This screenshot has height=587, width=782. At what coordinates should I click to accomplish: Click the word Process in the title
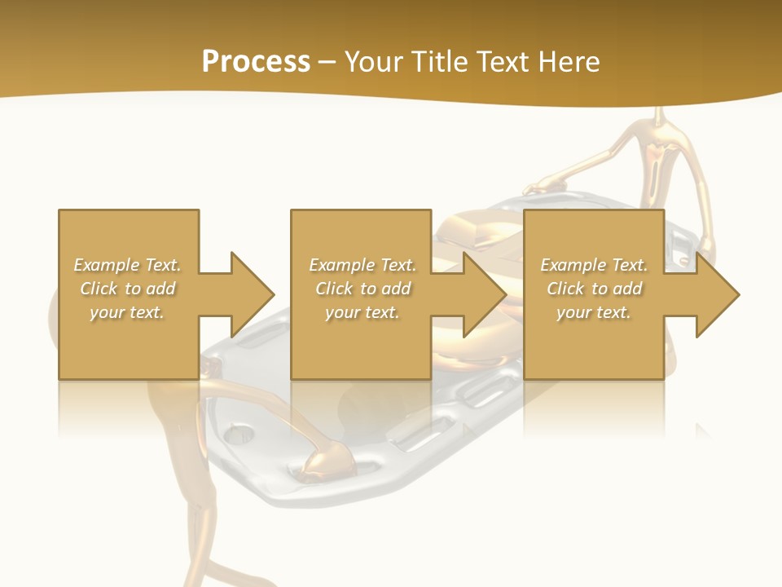(256, 62)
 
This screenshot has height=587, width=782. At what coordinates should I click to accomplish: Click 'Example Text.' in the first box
(127, 265)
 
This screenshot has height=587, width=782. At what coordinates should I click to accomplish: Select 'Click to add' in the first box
(127, 289)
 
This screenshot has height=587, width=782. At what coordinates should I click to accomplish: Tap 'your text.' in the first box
(127, 312)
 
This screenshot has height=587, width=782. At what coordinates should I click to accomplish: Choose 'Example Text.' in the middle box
(362, 265)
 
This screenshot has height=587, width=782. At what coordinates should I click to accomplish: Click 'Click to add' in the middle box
(362, 289)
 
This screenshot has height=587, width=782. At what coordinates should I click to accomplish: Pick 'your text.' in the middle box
(362, 312)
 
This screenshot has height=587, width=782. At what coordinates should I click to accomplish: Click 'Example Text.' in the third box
(594, 265)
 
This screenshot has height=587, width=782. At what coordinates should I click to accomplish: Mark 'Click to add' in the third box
(594, 289)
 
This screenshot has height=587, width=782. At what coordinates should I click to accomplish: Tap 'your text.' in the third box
(594, 312)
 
